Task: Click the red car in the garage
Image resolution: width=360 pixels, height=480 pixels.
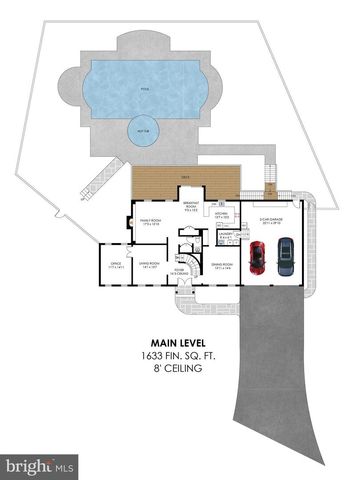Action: click(258, 256)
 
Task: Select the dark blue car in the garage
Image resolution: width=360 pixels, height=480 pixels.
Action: click(285, 256)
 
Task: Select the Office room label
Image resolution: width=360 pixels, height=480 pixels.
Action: click(115, 265)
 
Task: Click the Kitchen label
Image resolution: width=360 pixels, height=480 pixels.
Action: click(221, 214)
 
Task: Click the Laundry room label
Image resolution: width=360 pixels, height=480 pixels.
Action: click(226, 237)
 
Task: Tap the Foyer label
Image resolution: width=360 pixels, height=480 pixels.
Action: click(181, 270)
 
